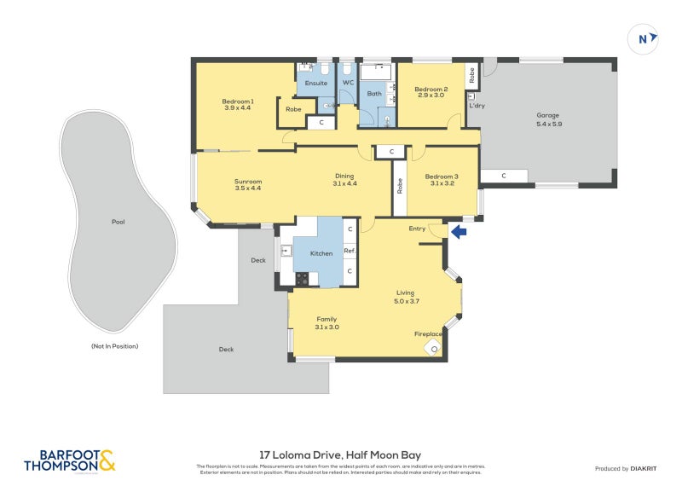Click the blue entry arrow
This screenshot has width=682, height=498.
tap(459, 231)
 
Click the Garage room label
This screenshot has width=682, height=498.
tap(548, 115)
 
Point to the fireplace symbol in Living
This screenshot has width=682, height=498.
tap(436, 347)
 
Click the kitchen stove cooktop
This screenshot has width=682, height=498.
tap(301, 277)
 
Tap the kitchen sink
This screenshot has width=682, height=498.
tap(286, 250)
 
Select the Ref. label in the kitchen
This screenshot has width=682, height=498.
tap(350, 251)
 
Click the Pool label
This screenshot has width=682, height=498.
tap(118, 222)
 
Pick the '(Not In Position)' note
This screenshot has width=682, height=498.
tap(114, 346)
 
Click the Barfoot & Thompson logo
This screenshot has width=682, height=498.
tap(70, 460)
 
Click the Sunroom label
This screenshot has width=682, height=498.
tap(247, 181)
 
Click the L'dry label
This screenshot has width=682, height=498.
tap(476, 105)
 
